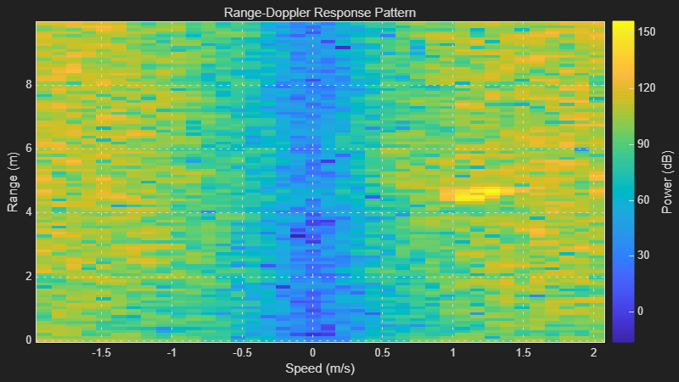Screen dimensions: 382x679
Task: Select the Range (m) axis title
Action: pyautogui.click(x=14, y=181)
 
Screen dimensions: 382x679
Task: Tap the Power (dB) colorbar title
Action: pyautogui.click(x=667, y=181)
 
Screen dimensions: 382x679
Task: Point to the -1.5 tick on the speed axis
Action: pyautogui.click(x=101, y=352)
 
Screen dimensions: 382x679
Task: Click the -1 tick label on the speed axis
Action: pyautogui.click(x=172, y=352)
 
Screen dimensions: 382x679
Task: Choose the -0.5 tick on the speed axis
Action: pyautogui.click(x=242, y=352)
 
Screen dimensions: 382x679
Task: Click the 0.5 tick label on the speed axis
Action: pyautogui.click(x=383, y=352)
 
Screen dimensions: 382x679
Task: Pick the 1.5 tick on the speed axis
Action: pyautogui.click(x=524, y=352)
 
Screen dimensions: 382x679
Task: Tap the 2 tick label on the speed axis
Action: pyautogui.click(x=594, y=352)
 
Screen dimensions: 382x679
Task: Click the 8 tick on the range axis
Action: pyautogui.click(x=28, y=85)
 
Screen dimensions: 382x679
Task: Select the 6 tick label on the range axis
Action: pyautogui.click(x=28, y=149)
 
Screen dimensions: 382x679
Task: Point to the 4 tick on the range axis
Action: pyautogui.click(x=28, y=212)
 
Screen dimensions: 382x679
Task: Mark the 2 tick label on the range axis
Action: pyautogui.click(x=28, y=276)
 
